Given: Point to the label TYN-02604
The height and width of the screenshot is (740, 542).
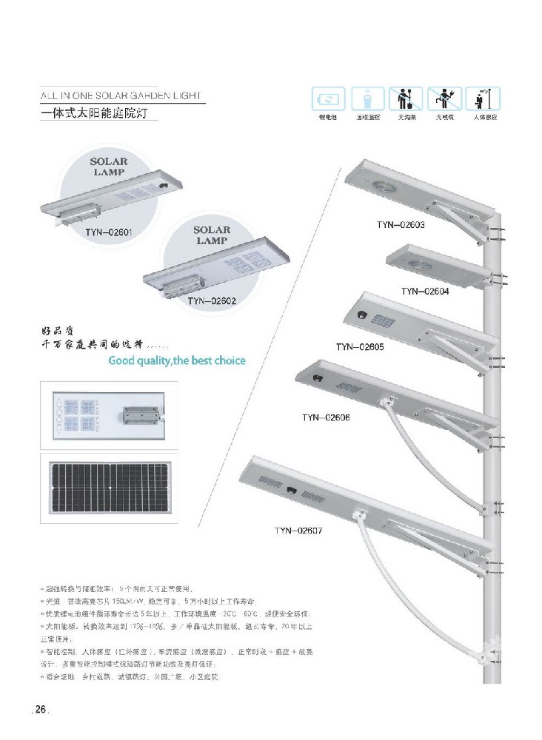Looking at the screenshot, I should point(425,291).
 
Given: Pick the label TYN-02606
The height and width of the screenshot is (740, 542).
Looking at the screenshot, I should point(327,417).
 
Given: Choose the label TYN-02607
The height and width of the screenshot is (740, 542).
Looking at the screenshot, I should point(299,530).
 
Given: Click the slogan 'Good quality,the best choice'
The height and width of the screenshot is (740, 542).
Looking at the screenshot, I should point(176,361).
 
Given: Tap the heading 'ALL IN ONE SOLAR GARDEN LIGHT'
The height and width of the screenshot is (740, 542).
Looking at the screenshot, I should point(119,95).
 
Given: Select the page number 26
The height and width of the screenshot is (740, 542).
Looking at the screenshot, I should point(39,710).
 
